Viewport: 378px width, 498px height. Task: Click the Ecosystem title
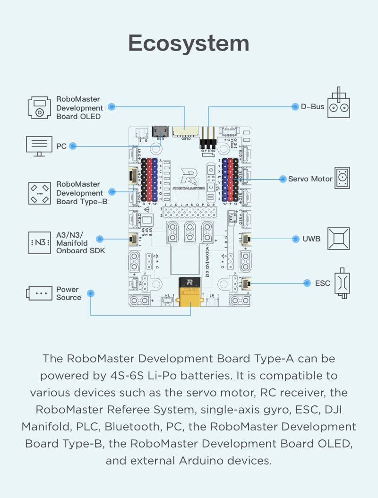pos(189,43)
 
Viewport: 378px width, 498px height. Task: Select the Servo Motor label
pos(310,179)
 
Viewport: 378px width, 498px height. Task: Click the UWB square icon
pos(338,239)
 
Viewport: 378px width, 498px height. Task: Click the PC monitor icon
pos(39,146)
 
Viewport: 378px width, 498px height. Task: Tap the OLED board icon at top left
pos(39,108)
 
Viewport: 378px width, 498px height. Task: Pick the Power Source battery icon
pos(39,293)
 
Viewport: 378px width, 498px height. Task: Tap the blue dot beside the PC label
pos(73,146)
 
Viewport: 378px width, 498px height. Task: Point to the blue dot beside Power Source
pos(91,293)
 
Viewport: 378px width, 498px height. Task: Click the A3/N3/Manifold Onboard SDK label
pos(80,242)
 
